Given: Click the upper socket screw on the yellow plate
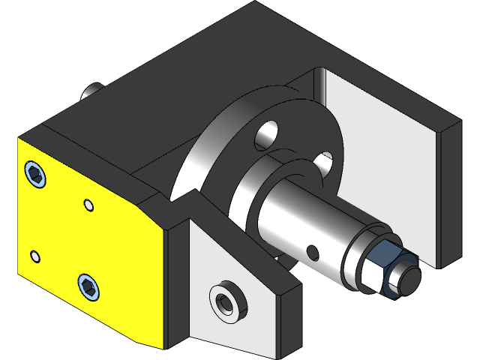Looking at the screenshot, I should pos(35,175).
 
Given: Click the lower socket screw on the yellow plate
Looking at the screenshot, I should pos(88,286).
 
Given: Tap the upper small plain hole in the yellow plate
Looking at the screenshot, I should pos(88,204).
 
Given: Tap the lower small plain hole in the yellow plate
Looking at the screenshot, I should pos(34,257).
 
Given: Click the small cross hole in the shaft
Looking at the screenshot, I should pos(313,248).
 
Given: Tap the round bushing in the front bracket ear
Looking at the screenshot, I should pos(225,301).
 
